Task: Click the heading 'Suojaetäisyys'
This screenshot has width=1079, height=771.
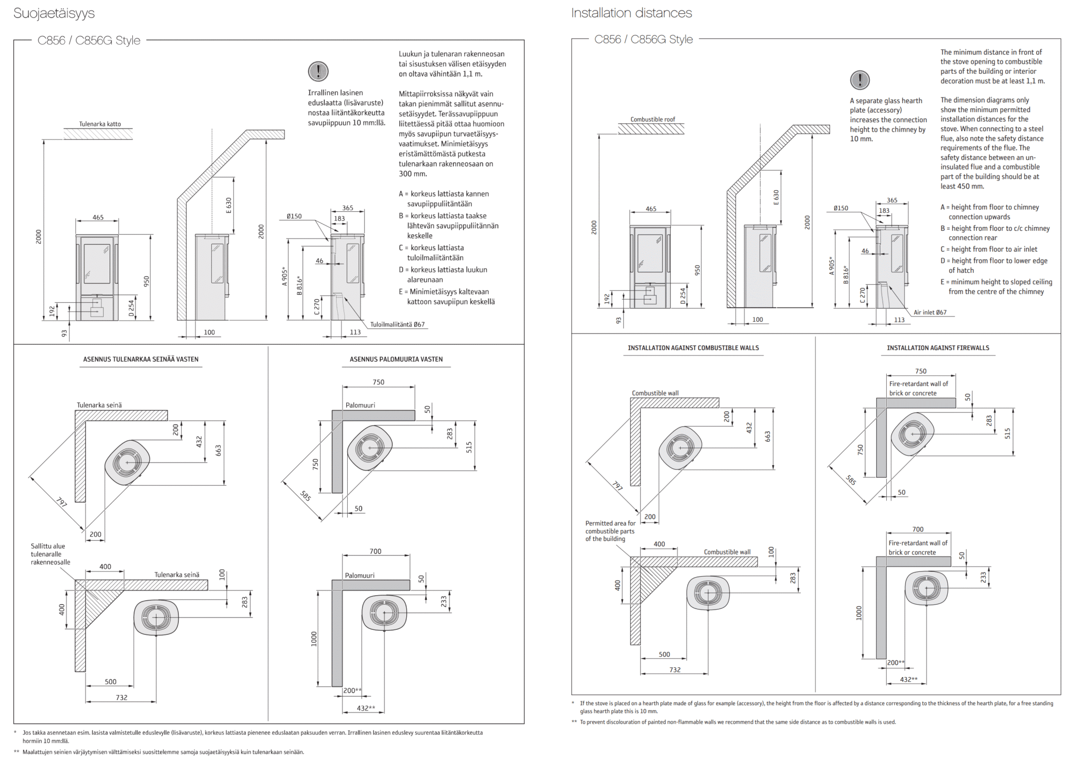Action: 54,14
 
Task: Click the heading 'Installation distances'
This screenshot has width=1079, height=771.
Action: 631,13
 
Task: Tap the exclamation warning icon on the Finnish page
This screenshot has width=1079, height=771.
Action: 318,71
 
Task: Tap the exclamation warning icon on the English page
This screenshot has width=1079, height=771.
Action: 860,80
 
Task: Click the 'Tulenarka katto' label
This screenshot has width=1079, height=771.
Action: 100,124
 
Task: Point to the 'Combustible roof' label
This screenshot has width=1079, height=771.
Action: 653,120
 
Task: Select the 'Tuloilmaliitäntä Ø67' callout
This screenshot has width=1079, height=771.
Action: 397,324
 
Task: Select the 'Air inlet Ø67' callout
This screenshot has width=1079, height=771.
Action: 930,312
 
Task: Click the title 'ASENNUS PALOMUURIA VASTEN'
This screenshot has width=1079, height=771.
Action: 396,359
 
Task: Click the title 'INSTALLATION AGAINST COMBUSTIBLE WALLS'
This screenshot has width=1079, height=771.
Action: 693,348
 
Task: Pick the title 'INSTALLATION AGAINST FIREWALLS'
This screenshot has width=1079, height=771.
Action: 938,348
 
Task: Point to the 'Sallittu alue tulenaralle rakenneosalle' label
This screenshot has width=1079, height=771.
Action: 50,554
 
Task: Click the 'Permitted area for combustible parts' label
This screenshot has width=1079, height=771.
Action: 610,531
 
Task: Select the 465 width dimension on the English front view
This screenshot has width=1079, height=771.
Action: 651,209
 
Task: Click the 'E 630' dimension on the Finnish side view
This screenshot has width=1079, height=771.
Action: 229,205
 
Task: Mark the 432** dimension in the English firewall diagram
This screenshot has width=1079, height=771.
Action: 909,679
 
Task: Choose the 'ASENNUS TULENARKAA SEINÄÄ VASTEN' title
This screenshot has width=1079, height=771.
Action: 141,359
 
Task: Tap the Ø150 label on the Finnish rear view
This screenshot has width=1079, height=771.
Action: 294,216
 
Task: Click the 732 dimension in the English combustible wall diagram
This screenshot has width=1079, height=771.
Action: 675,670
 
